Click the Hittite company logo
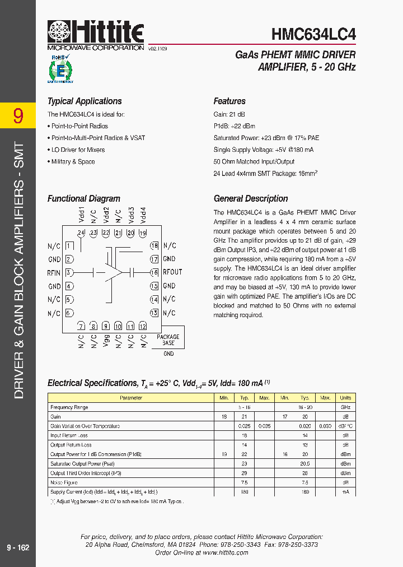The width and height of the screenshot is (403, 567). click(x=96, y=34)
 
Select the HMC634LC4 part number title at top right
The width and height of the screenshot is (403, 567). click(x=313, y=34)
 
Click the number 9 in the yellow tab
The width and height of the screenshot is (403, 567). click(x=18, y=116)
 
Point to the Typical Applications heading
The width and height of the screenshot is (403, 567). click(x=85, y=101)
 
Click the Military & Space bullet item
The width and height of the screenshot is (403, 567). click(x=73, y=162)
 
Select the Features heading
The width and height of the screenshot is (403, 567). click(x=229, y=101)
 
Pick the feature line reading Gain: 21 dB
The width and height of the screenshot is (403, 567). click(x=229, y=114)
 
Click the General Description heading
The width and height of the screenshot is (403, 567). click(x=251, y=199)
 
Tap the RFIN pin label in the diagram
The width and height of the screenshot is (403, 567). click(x=54, y=273)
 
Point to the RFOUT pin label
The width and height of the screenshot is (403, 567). click(x=172, y=272)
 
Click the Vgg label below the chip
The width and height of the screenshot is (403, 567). click(x=106, y=341)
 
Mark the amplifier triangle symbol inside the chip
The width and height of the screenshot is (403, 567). click(x=115, y=272)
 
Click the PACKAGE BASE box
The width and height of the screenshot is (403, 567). click(x=168, y=340)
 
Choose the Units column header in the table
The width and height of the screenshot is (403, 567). click(x=345, y=398)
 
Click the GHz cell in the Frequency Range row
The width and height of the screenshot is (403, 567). click(x=345, y=407)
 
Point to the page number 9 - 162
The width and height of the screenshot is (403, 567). click(x=18, y=547)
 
